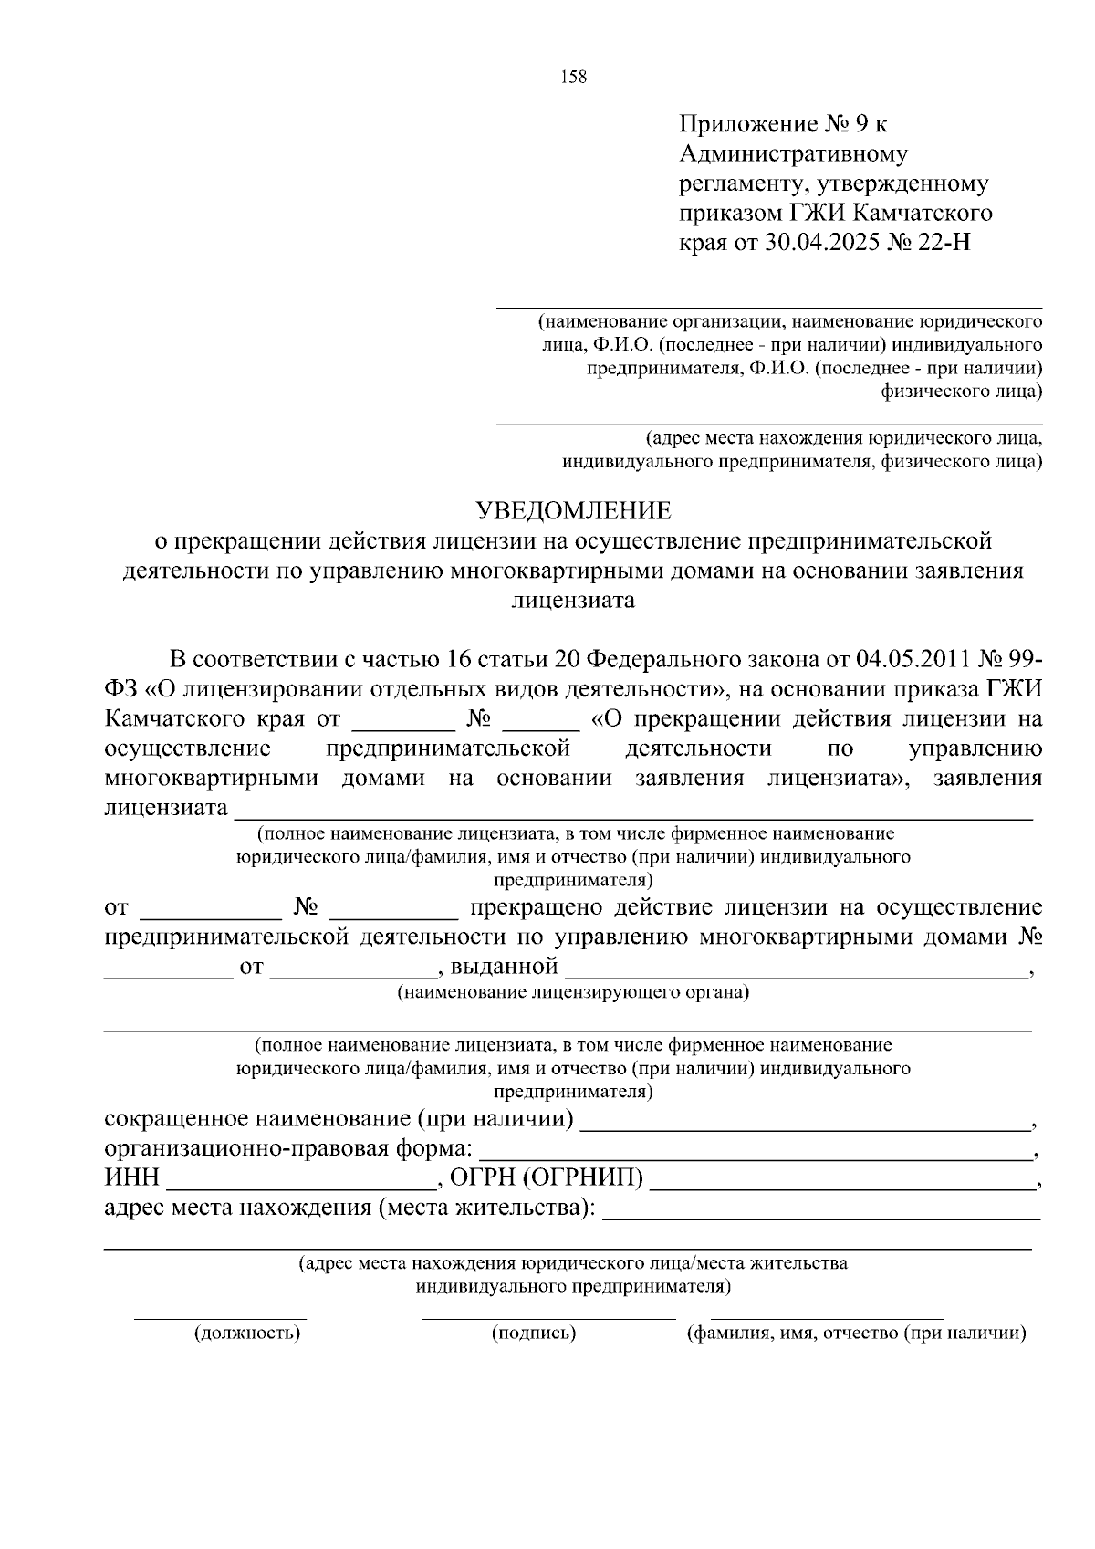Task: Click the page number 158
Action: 573,78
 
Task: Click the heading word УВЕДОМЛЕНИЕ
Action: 575,509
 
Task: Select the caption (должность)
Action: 247,1334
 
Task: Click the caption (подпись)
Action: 534,1334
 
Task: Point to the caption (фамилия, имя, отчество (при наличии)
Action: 856,1334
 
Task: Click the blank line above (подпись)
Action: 548,1318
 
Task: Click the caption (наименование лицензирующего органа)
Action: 572,992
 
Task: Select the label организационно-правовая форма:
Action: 288,1148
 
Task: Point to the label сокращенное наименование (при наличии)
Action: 339,1119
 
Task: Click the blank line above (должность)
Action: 220,1318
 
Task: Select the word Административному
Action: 793,154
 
